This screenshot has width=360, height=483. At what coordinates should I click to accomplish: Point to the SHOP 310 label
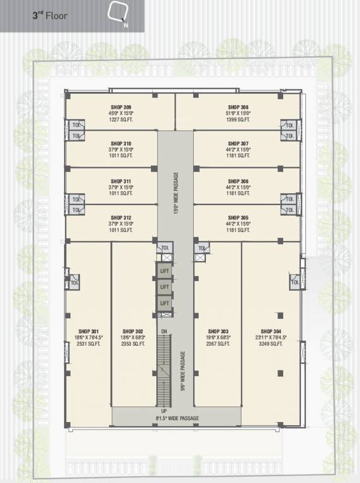pyautogui.click(x=121, y=143)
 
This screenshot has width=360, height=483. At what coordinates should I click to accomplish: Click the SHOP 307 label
pyautogui.click(x=239, y=143)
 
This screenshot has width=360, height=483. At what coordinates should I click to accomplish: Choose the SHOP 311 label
pyautogui.click(x=121, y=181)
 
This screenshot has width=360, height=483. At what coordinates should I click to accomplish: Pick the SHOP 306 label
pyautogui.click(x=239, y=181)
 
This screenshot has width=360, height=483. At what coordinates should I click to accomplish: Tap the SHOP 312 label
pyautogui.click(x=121, y=218)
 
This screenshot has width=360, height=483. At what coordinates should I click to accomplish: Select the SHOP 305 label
pyautogui.click(x=239, y=218)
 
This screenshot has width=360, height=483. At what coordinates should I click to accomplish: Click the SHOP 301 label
pyautogui.click(x=89, y=331)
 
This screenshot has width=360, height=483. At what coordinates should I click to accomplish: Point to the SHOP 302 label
pyautogui.click(x=133, y=331)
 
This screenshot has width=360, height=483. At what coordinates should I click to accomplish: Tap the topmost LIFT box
pyautogui.click(x=164, y=270)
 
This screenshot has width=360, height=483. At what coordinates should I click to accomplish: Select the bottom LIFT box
pyautogui.click(x=164, y=304)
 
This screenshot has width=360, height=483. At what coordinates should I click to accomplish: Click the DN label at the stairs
pyautogui.click(x=164, y=331)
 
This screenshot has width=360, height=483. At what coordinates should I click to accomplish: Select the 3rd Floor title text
pyautogui.click(x=50, y=15)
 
